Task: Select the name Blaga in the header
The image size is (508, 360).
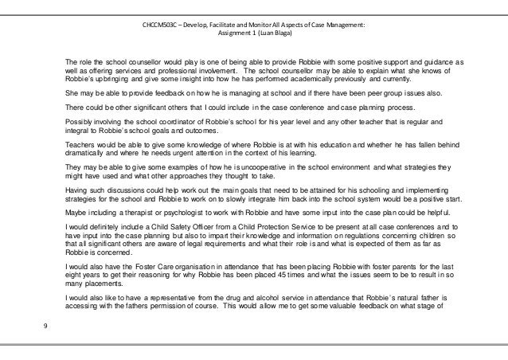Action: coord(279,33)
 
